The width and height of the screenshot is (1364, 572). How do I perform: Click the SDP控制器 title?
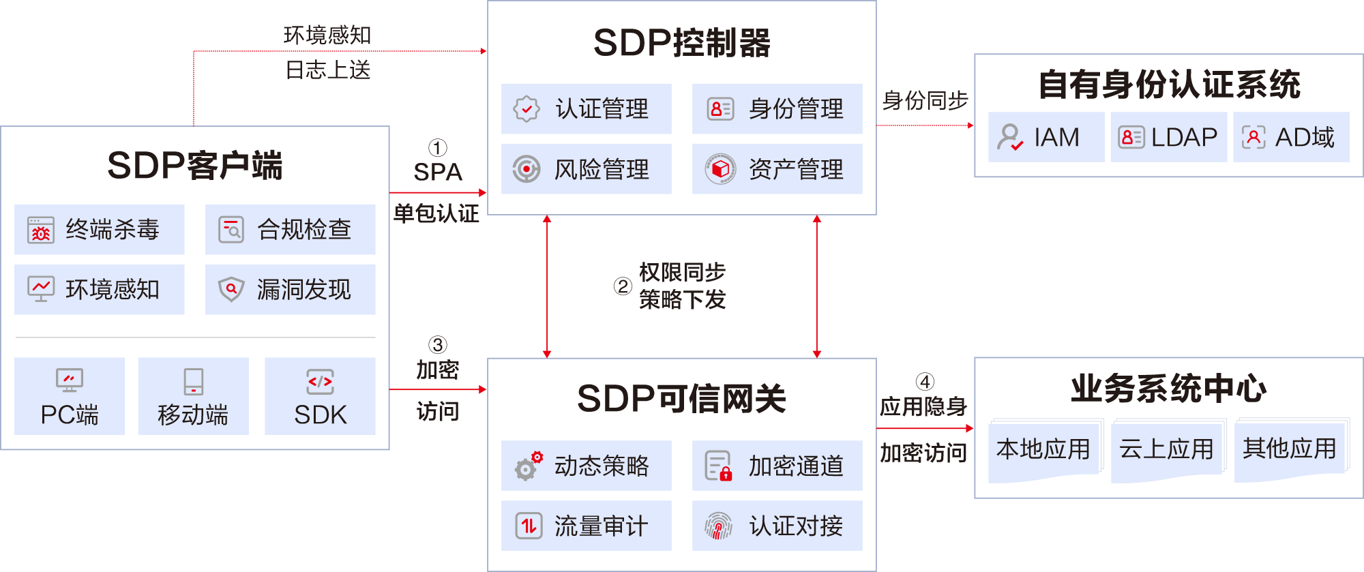[681, 44]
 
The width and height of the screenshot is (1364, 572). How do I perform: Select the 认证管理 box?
[586, 109]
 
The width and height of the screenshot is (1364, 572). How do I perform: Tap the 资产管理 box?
[777, 169]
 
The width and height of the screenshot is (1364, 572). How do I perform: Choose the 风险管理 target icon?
[527, 169]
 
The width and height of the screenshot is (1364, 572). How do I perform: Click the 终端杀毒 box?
[100, 230]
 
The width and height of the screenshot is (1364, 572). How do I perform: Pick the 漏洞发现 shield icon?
[231, 289]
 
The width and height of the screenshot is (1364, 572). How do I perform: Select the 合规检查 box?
[290, 230]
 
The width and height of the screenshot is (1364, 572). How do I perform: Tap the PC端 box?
[70, 396]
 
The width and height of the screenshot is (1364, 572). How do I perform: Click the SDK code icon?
[320, 382]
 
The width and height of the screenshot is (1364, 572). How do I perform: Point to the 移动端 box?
[193, 396]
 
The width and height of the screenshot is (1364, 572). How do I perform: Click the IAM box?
[1046, 137]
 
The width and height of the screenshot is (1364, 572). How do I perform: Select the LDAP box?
[1168, 137]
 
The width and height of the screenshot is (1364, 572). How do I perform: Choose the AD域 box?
[1291, 137]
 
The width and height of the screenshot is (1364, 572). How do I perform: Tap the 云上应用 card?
[1167, 449]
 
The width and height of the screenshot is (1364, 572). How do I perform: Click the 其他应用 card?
[1290, 448]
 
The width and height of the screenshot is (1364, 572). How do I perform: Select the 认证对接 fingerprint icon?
[718, 526]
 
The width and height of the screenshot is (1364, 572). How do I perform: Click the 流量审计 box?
[586, 526]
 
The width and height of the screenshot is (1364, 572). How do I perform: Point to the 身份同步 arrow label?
[925, 101]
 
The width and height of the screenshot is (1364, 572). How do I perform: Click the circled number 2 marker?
[623, 286]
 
